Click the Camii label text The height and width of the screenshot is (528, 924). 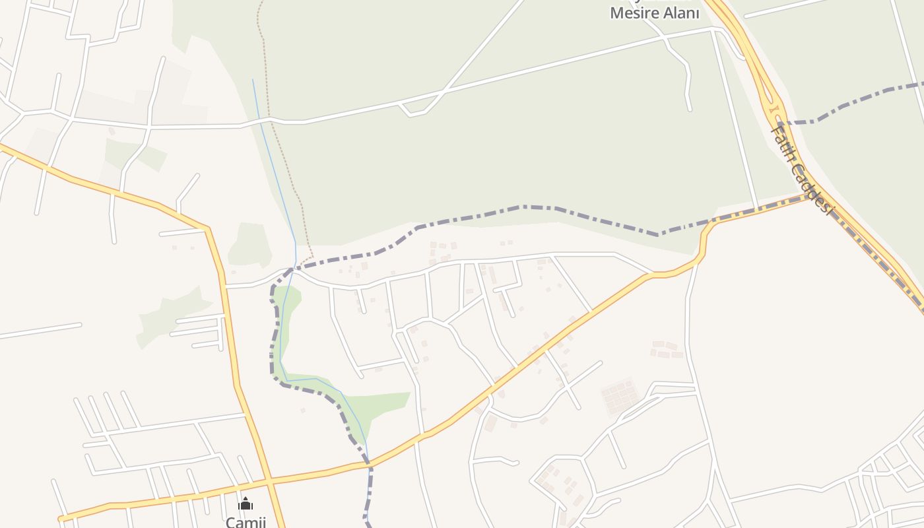[x=246, y=521]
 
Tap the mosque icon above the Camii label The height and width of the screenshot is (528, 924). [x=246, y=504]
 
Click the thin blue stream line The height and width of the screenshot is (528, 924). [x=274, y=165]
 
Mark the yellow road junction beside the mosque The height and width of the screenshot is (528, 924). [x=268, y=480]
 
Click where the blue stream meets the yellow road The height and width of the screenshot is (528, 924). [x=368, y=464]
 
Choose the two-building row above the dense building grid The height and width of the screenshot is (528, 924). [x=665, y=345]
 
